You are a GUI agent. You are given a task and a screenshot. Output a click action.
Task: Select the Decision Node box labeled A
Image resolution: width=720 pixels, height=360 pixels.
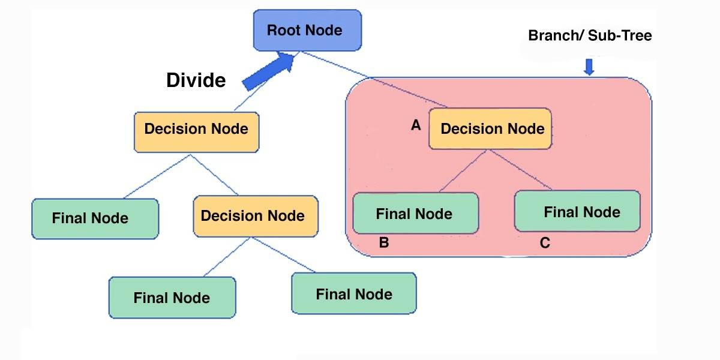click(x=490, y=129)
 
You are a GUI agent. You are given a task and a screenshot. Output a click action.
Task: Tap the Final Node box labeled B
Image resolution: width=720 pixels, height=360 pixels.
click(x=415, y=213)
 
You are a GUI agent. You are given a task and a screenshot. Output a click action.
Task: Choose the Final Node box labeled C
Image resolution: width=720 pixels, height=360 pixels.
click(x=577, y=211)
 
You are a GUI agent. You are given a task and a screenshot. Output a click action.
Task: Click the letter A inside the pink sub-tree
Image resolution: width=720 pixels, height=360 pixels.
click(x=415, y=125)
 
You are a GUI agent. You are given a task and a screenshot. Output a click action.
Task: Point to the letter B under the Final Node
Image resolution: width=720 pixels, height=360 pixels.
click(x=384, y=243)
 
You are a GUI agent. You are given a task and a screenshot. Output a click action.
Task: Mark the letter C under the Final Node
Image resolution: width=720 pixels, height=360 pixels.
click(x=545, y=243)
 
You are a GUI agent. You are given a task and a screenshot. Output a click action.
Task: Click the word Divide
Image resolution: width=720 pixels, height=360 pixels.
click(x=196, y=80)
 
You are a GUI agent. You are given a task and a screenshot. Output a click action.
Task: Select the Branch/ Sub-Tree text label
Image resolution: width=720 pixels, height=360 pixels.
click(x=589, y=35)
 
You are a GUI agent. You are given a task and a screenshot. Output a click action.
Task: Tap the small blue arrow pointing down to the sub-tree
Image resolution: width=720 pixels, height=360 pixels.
click(x=589, y=66)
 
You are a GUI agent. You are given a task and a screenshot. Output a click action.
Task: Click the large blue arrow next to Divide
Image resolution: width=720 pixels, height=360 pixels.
click(x=269, y=71)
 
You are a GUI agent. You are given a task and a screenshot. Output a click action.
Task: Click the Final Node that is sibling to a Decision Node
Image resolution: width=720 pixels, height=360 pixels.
click(x=95, y=218)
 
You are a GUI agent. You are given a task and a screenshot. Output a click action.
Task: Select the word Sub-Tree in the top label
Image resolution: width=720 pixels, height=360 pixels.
click(x=620, y=35)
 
